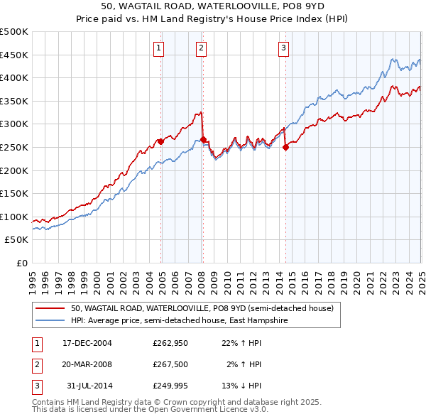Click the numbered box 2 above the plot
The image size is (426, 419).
(202, 48)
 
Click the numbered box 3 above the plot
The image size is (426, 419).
(283, 48)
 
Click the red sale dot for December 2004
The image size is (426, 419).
(161, 141)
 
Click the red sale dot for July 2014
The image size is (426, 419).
(285, 148)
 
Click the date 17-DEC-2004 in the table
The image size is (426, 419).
(87, 343)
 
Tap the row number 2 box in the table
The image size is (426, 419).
(36, 364)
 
